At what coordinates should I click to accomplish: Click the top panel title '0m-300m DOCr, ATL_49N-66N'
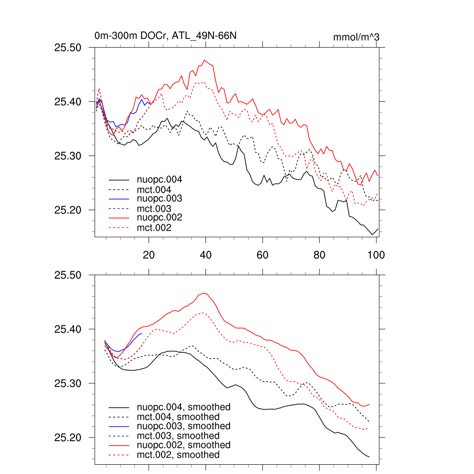[166, 36]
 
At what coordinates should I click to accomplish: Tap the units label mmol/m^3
[356, 37]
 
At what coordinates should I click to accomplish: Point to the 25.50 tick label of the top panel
[68, 48]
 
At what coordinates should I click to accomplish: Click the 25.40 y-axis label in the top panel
[68, 102]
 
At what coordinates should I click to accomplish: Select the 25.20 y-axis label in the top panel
[68, 210]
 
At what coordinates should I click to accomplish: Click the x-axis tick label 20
[149, 255]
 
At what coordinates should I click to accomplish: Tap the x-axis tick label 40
[206, 255]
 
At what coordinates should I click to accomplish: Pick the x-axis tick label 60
[262, 255]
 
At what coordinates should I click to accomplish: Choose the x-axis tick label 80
[319, 255]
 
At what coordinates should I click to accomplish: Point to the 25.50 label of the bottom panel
[68, 275]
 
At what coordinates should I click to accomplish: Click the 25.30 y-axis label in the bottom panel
[68, 384]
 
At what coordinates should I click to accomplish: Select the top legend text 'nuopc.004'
[159, 180]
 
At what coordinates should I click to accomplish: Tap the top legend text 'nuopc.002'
[159, 218]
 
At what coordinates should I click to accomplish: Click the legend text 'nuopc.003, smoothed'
[183, 426]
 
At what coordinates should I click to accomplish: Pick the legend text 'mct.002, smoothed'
[178, 455]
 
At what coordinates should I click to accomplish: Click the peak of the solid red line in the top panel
[205, 60]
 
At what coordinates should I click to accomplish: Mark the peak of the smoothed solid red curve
[205, 293]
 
